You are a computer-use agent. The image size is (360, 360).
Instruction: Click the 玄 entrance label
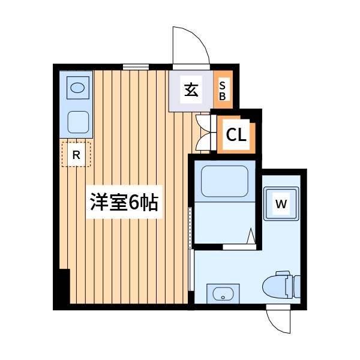[x=191, y=89]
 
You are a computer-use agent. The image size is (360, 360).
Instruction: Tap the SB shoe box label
[x=222, y=91]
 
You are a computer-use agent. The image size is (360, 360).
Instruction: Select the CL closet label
[x=236, y=135]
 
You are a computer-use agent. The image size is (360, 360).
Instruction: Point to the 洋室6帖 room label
[x=124, y=202]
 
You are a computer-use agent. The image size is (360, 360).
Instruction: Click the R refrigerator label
[x=76, y=155]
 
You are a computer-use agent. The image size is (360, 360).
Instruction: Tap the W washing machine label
[x=281, y=204]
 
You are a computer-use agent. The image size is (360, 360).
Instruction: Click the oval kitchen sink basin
[x=77, y=88]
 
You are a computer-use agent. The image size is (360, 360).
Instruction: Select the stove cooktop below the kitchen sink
[x=78, y=122]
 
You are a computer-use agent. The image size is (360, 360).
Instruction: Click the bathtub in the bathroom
[x=225, y=181]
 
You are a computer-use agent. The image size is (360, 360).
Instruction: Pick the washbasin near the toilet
[x=223, y=294]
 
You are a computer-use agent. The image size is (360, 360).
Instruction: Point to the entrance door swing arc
[x=198, y=38]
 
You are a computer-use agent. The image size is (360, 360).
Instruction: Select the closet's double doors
[x=203, y=133]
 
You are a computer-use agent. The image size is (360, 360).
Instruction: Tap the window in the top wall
[x=136, y=67]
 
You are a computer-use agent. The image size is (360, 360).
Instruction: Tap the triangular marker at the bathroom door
[x=251, y=236]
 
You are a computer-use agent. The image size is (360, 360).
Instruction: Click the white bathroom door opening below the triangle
[x=239, y=247]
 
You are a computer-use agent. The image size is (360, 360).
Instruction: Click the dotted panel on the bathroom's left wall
[x=190, y=228]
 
